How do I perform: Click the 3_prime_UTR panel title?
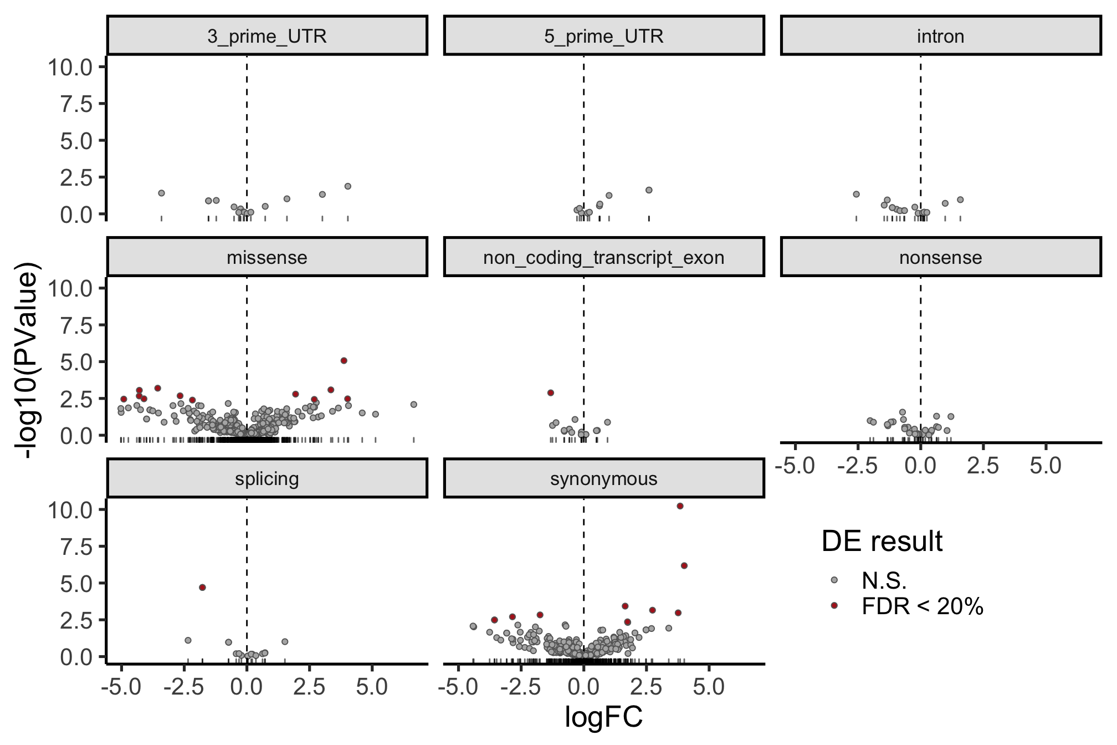[x=267, y=37]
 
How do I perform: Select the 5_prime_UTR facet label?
[x=604, y=37]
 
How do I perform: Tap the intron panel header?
[x=940, y=37]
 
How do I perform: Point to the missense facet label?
[x=267, y=258]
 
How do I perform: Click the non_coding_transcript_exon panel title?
[x=604, y=258]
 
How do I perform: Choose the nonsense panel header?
[x=940, y=258]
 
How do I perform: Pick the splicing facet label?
[x=267, y=479]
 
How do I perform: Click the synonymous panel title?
[x=604, y=479]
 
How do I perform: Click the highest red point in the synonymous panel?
[x=680, y=506]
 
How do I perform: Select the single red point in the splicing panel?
[x=202, y=587]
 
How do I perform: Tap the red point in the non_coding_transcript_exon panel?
[x=551, y=392]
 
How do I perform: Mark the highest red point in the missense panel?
[x=344, y=360]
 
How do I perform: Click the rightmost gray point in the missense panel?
[x=413, y=404]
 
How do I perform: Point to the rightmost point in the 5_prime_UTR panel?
[x=649, y=190]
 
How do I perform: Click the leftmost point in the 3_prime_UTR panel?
[x=161, y=193]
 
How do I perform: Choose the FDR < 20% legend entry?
[x=923, y=608]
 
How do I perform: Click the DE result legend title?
[x=882, y=542]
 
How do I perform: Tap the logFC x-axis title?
[x=603, y=716]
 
